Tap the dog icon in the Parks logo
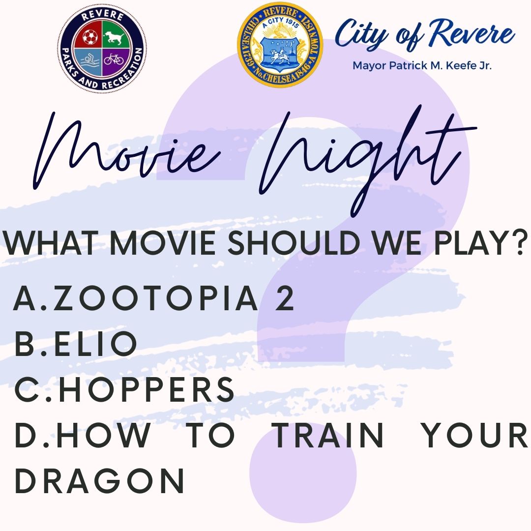[x=114, y=37]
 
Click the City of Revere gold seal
[x=280, y=45]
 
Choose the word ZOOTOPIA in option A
[x=155, y=299]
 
